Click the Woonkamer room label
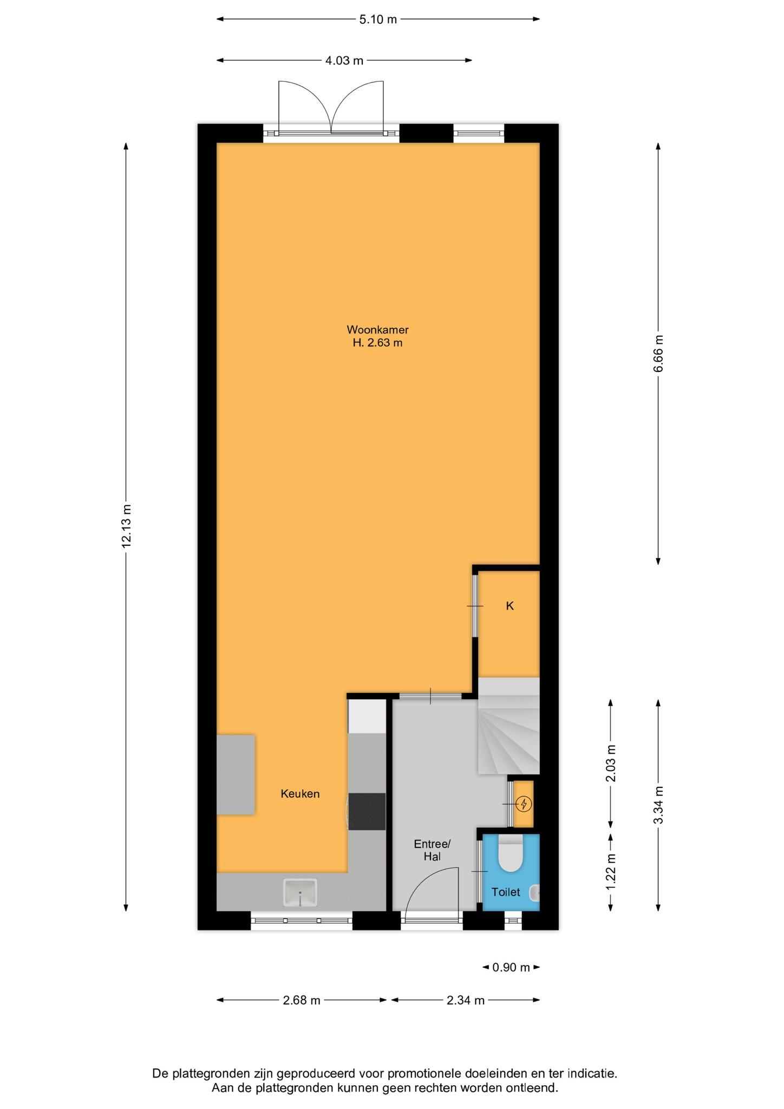pyautogui.click(x=377, y=330)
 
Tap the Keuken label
pyautogui.click(x=300, y=794)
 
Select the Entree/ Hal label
pyautogui.click(x=432, y=850)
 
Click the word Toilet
pyautogui.click(x=506, y=892)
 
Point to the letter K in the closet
pyautogui.click(x=509, y=606)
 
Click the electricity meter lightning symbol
pyautogui.click(x=523, y=804)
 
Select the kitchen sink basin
pyautogui.click(x=300, y=892)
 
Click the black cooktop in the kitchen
pyautogui.click(x=367, y=811)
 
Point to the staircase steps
pyautogui.click(x=509, y=726)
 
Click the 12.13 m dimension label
pyautogui.click(x=126, y=526)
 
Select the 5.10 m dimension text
pyautogui.click(x=378, y=19)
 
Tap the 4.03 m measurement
pyautogui.click(x=344, y=61)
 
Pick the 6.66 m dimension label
pyautogui.click(x=658, y=354)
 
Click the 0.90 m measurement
pyautogui.click(x=511, y=967)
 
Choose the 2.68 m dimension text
pyautogui.click(x=302, y=1000)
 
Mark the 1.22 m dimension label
pyautogui.click(x=611, y=871)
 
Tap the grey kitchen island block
pyautogui.click(x=236, y=774)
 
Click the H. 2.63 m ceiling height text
pyautogui.click(x=377, y=343)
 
